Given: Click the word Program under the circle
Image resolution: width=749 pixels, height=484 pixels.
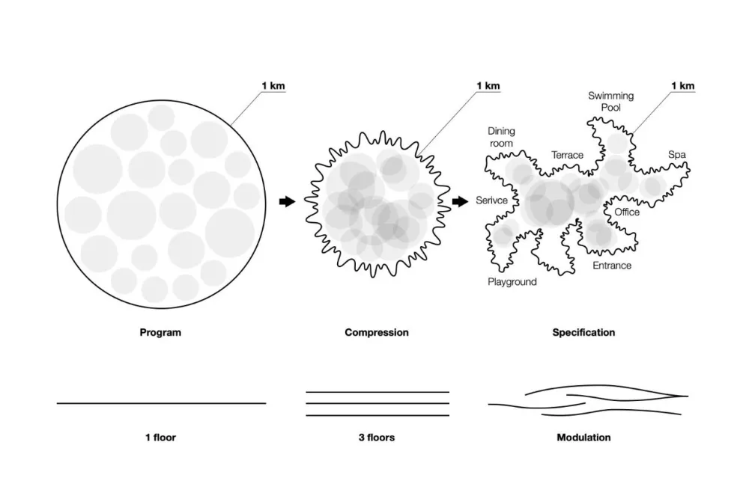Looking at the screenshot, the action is click(x=160, y=333).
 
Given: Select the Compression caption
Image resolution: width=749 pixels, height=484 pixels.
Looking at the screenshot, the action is click(x=377, y=333).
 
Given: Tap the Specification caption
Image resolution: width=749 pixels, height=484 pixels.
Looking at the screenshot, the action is click(x=583, y=333).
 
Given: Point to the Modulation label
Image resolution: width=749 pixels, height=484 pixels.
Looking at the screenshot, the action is click(x=583, y=437).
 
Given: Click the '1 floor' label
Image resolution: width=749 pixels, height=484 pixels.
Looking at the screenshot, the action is click(x=160, y=437).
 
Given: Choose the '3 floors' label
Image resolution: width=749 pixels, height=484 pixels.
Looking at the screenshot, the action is click(x=377, y=437).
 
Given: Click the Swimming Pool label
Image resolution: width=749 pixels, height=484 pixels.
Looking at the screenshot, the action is click(x=611, y=102).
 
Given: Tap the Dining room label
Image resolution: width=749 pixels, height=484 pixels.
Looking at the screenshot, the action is click(x=501, y=137).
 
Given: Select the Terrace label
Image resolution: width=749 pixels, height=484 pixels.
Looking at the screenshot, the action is click(x=568, y=155).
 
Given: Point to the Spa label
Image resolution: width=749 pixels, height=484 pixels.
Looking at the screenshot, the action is click(x=677, y=155).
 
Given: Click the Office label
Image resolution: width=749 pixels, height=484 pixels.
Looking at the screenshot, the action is click(x=627, y=212).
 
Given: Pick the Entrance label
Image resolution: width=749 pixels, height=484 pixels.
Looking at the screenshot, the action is click(x=612, y=266).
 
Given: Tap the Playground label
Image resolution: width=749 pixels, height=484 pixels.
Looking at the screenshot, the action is click(x=512, y=282).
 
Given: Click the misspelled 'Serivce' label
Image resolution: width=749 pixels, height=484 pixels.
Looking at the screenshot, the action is click(x=491, y=200).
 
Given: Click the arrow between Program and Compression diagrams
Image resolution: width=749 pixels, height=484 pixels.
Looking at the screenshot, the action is click(x=287, y=201).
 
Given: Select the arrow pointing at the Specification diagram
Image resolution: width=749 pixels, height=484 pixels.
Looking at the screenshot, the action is click(x=460, y=201).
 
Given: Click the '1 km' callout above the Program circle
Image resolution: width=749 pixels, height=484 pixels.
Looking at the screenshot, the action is click(x=273, y=86).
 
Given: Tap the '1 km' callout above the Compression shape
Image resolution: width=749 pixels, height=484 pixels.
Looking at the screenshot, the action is click(x=488, y=86).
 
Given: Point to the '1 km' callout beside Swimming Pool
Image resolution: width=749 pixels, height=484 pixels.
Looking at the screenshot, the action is click(x=683, y=86).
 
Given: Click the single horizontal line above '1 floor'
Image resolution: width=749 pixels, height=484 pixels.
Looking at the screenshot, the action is click(x=162, y=403).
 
